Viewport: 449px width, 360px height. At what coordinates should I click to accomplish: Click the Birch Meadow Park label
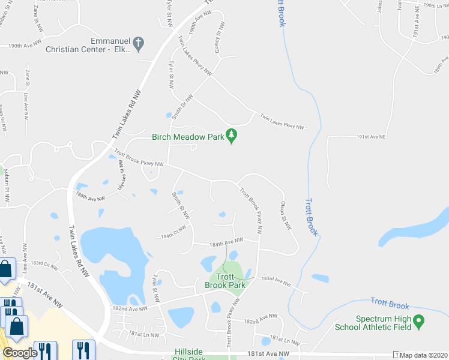pos(188,137)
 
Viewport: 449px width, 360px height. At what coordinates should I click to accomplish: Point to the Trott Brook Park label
pos(225,281)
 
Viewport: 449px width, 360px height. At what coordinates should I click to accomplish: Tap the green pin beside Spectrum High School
pos(419,322)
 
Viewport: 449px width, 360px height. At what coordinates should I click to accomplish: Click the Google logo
pos(20,353)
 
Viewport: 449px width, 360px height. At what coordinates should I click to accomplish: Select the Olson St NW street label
pos(285,215)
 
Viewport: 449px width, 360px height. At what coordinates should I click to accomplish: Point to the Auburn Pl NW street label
pos(7,181)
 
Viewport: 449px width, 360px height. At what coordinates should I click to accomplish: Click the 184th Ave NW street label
pos(226,241)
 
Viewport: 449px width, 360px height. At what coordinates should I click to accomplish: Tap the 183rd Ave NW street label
pos(276,281)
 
